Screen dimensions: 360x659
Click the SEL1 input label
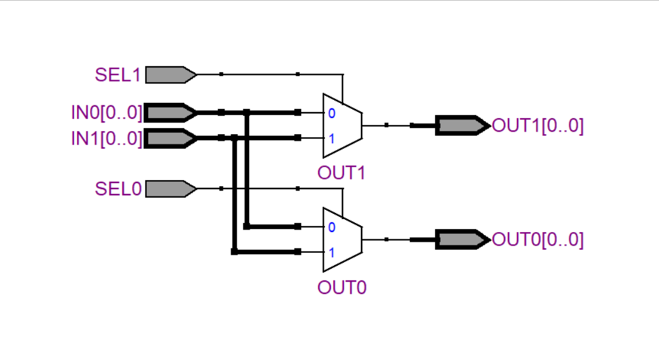pyautogui.click(x=117, y=75)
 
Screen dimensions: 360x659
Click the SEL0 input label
pyautogui.click(x=117, y=189)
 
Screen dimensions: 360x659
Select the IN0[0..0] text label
pyautogui.click(x=106, y=113)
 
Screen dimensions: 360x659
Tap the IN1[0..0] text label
pyautogui.click(x=106, y=138)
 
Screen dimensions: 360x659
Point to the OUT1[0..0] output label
pyautogui.click(x=538, y=126)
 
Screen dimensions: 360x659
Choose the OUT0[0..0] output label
pyautogui.click(x=538, y=239)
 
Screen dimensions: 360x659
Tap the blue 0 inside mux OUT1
pyautogui.click(x=331, y=113)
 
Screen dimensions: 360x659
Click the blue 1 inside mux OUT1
pyautogui.click(x=331, y=138)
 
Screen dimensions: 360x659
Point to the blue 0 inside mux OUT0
pyautogui.click(x=331, y=227)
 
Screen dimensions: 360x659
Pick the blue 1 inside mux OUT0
pyautogui.click(x=331, y=252)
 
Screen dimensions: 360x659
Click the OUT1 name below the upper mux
pyautogui.click(x=341, y=173)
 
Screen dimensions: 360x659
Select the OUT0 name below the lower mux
pyautogui.click(x=341, y=287)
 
